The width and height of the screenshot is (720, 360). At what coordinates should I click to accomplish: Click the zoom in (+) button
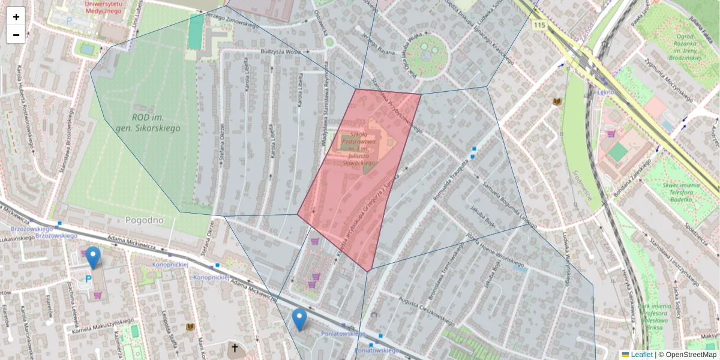(x=16, y=17)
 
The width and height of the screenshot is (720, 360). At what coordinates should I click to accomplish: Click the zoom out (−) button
(x=16, y=35)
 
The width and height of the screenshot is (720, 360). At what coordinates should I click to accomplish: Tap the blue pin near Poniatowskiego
(x=299, y=319)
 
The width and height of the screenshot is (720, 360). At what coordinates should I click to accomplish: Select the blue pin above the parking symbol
(x=93, y=257)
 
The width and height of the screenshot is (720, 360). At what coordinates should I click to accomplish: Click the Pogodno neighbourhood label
(x=145, y=220)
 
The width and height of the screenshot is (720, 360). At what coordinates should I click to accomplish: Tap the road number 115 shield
(x=539, y=25)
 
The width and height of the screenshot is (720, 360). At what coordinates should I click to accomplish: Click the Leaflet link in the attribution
(x=641, y=355)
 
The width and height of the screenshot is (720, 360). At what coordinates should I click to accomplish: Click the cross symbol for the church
(x=235, y=347)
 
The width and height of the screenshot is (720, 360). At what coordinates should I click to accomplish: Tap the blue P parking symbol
(x=89, y=280)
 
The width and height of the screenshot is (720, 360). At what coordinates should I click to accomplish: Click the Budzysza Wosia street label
(x=280, y=52)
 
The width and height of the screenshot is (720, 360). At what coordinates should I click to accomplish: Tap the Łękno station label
(x=606, y=92)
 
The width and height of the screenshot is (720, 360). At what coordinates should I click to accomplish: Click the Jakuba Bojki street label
(x=478, y=220)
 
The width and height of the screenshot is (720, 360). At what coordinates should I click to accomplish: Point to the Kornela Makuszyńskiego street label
(x=103, y=325)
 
